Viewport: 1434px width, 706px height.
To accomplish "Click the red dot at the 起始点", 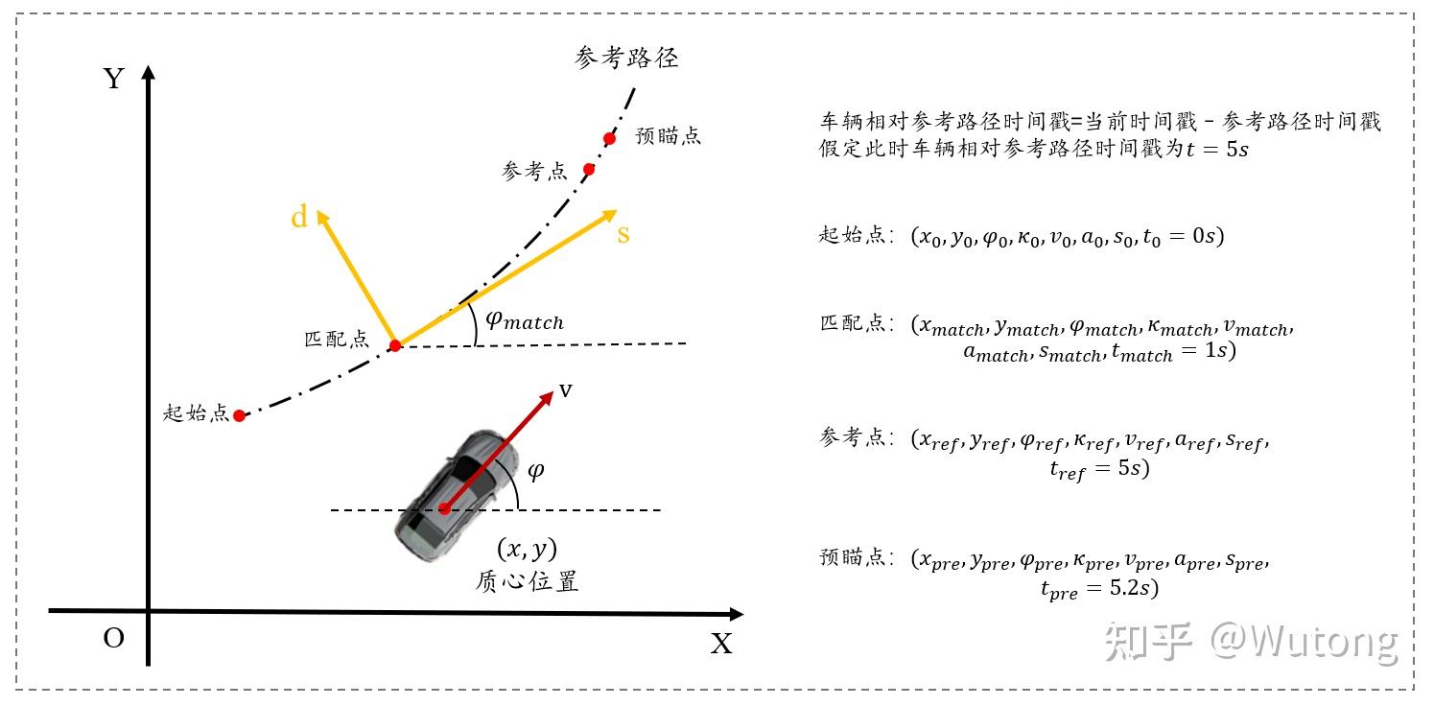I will point(240,415).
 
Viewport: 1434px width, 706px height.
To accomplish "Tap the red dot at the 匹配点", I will point(394,345).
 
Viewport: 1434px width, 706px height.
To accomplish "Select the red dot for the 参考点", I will point(589,169).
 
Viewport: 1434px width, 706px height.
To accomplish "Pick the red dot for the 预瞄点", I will point(609,138).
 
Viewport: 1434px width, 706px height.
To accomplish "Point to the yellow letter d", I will point(299,219).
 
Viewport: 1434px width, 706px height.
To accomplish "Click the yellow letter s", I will point(623,233).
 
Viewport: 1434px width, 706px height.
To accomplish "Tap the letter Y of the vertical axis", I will point(114,79).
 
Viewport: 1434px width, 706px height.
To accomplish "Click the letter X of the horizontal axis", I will point(721,644).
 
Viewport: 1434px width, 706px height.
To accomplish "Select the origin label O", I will point(114,638).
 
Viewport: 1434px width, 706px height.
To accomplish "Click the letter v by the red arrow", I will point(566,389).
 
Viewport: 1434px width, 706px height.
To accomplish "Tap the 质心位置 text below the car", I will point(527,581).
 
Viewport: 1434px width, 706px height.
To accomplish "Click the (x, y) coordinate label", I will point(527,549).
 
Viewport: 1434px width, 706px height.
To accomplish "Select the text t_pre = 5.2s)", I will point(1099,589).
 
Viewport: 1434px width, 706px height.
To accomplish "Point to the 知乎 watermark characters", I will point(1148,640).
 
